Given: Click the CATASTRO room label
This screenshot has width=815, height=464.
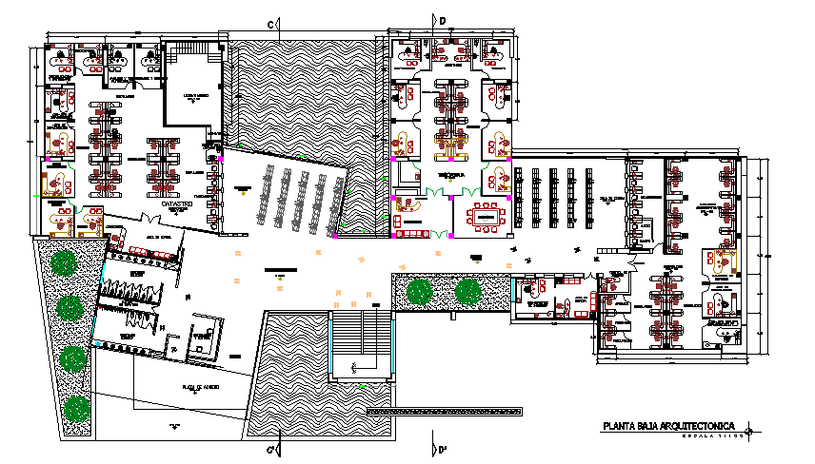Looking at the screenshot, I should click(178, 204).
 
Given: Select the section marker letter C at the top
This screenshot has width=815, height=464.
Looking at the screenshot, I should click(269, 23).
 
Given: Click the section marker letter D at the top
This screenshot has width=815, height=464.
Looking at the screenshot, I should click(442, 19).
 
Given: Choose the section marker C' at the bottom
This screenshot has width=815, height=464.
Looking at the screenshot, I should click(270, 449).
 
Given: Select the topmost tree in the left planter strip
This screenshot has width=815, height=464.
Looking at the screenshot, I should click(65, 262).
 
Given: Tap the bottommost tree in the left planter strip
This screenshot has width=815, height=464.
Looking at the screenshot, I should click(75, 410).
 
